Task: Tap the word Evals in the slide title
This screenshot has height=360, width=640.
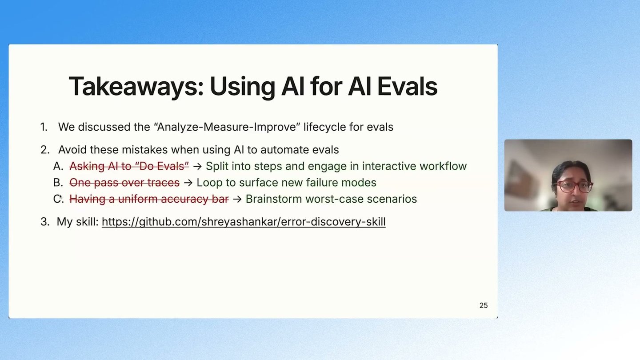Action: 407,86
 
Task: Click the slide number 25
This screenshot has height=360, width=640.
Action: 484,305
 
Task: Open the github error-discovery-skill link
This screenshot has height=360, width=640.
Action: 244,222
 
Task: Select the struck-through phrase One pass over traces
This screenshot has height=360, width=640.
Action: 124,183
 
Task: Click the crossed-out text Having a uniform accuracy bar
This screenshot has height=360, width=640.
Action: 149,199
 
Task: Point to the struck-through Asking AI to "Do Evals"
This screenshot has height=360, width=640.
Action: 129,166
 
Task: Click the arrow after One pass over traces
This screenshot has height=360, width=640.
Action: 188,183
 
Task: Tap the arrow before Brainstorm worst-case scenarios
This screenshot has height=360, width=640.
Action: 237,199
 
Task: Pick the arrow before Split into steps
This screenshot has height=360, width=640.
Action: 197,166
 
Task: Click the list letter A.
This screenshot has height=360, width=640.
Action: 58,166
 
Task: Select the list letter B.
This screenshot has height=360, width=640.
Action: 58,183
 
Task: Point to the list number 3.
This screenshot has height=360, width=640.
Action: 45,222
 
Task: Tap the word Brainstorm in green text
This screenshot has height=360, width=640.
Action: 274,199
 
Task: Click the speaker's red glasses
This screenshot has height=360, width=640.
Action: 573,187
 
